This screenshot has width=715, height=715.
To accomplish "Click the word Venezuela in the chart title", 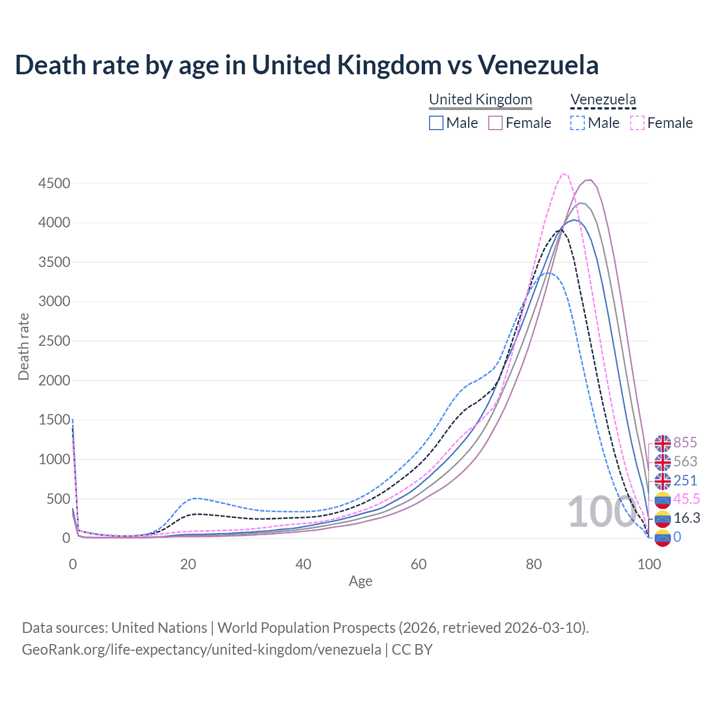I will [538, 65].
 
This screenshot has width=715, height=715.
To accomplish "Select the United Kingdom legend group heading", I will [480, 99].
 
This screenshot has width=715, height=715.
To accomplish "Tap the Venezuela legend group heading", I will [603, 99].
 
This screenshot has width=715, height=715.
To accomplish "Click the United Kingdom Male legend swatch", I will [436, 123].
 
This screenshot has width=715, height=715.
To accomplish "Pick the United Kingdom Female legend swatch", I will [496, 123].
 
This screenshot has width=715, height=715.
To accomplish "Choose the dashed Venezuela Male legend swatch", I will [578, 123].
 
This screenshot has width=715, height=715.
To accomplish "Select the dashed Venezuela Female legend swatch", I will [637, 123].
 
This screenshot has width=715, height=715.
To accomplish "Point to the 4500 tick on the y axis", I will [54, 183].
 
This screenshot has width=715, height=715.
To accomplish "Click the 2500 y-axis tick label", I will [54, 341].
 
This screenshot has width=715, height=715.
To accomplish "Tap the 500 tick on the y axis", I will [58, 499].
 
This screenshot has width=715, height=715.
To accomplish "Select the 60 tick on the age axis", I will [418, 564].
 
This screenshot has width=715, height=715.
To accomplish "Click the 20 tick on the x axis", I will [188, 564].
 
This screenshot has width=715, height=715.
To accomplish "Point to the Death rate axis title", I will [23, 346].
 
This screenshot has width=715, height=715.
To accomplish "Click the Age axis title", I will [360, 581].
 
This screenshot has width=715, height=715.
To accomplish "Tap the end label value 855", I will [685, 442].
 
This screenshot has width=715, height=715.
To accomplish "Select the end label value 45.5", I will [687, 499].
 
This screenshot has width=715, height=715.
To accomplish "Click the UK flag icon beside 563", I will [662, 462].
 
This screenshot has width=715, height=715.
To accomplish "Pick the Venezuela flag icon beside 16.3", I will [662, 519].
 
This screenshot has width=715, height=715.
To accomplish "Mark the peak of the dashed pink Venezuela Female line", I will [564, 174].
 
